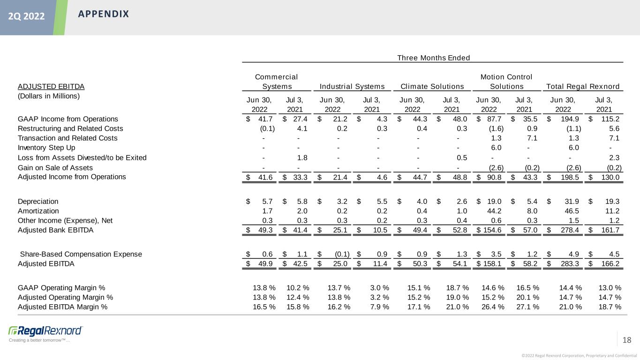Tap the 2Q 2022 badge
tap(26, 17)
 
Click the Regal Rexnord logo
tap(45, 330)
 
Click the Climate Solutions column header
tap(433, 86)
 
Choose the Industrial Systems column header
tap(352, 86)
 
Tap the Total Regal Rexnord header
tap(583, 86)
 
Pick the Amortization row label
tap(38, 211)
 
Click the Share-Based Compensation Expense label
tap(81, 254)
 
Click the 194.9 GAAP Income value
tap(572, 119)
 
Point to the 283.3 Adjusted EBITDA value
tap(572, 263)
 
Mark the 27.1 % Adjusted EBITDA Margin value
tap(527, 307)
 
